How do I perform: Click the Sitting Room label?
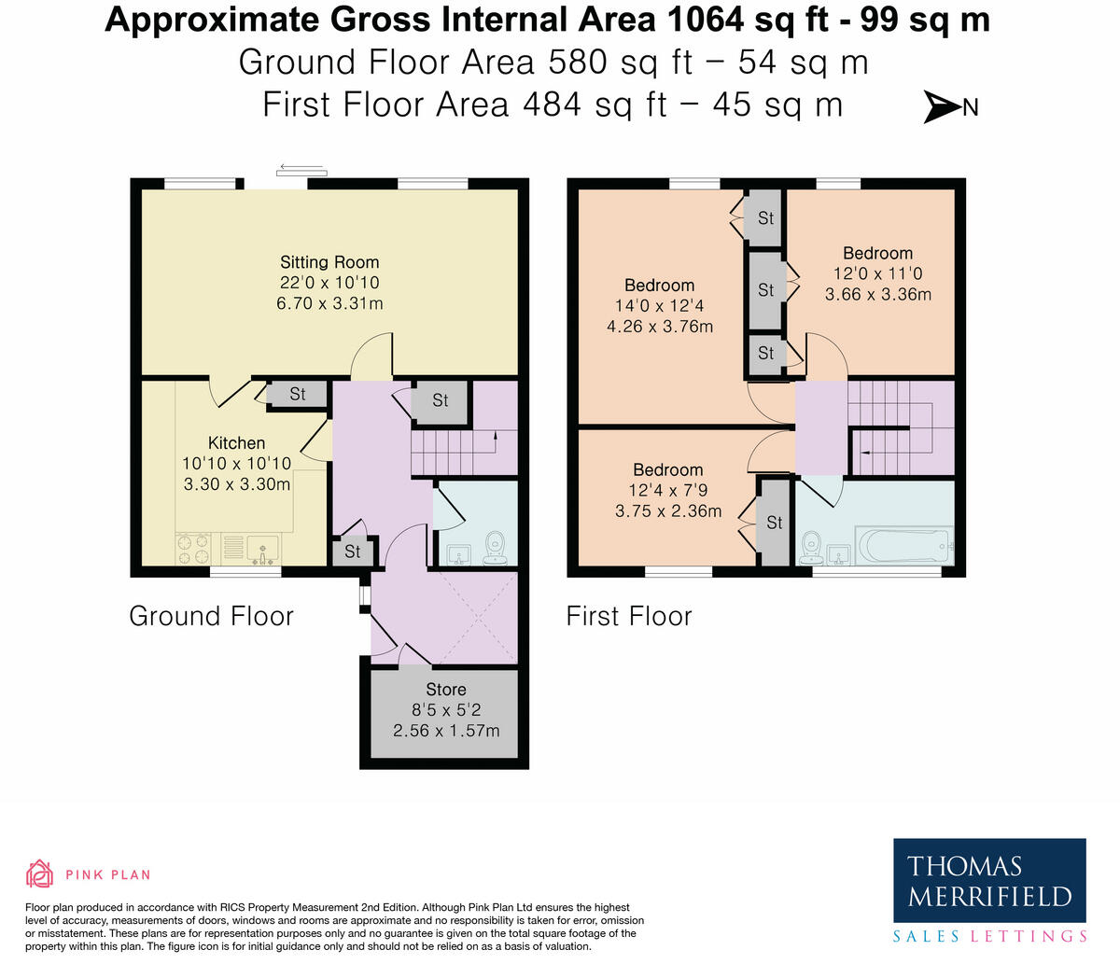pos(329,262)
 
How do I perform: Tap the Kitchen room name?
pos(236,442)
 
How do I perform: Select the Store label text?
pos(446,689)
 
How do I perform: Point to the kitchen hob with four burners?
pos(194,550)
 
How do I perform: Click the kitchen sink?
pos(263,550)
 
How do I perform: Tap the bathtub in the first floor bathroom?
pos(903,546)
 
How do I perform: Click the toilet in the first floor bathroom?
pos(812,548)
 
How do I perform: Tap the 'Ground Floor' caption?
pos(211,616)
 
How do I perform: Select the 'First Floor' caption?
pos(629,616)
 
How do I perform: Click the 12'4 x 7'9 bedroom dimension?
pos(668,490)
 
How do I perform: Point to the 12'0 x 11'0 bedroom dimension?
pos(878,273)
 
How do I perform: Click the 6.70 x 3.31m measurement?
pos(329,303)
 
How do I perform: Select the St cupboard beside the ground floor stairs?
pos(441,400)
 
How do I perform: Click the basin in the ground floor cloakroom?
pos(456,554)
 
